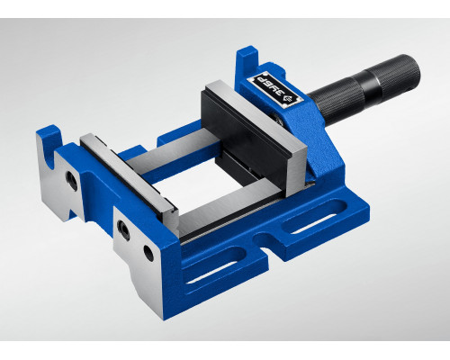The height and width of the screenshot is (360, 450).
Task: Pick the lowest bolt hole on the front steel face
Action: (x=148, y=254)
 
